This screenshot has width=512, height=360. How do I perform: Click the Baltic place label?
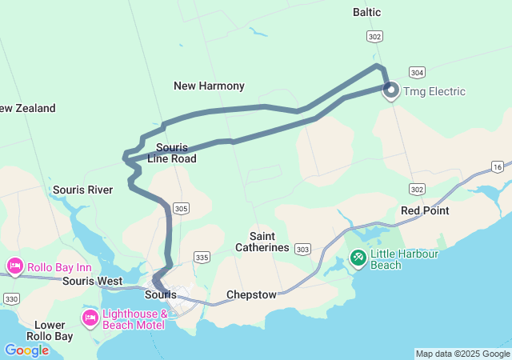(x=366, y=12)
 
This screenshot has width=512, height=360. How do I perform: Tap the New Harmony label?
(x=209, y=86)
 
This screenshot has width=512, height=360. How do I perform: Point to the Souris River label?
(x=82, y=190)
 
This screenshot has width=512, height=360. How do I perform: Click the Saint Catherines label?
(x=262, y=242)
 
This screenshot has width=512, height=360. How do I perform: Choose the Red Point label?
(x=425, y=210)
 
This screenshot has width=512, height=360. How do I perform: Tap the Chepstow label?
(x=251, y=294)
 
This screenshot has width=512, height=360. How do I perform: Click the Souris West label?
(x=93, y=281)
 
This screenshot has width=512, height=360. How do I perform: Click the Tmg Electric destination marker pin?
(x=391, y=90)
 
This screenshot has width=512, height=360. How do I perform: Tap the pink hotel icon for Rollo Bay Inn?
(x=14, y=266)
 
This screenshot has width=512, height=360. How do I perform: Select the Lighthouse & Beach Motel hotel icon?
(x=90, y=319)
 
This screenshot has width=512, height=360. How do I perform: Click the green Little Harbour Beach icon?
(x=358, y=258)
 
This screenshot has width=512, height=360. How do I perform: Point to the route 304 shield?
(x=417, y=71)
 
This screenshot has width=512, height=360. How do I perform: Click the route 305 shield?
(x=182, y=209)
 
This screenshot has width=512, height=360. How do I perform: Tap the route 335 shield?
(x=202, y=257)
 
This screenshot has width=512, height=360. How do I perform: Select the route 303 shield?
(x=302, y=250)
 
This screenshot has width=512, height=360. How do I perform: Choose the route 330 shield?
(x=11, y=298)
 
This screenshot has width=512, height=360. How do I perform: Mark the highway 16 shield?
(x=498, y=166)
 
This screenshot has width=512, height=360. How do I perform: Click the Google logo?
(x=26, y=350)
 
